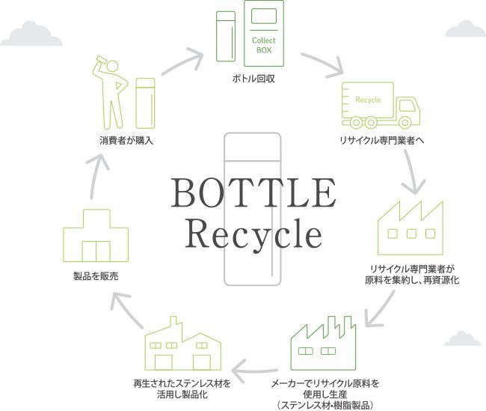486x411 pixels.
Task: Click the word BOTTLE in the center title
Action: click(253, 193)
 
